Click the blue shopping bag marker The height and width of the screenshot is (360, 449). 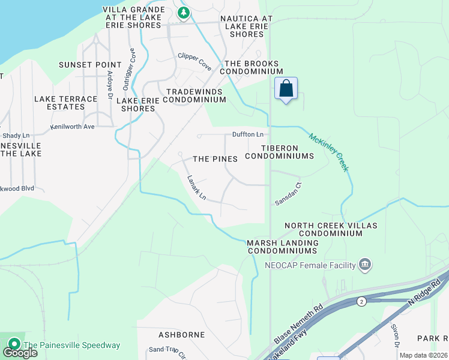coord(286,89)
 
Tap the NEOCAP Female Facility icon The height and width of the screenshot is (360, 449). coord(364,264)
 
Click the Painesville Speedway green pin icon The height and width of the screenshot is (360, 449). coord(13,345)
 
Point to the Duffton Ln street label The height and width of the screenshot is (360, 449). coord(249,135)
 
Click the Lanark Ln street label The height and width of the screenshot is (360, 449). coord(196,188)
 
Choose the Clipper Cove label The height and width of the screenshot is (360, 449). coord(194,62)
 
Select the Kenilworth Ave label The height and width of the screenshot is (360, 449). coord(73,127)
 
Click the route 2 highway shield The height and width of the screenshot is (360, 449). coord(361,301)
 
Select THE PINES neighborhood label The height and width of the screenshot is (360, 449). coord(215,159)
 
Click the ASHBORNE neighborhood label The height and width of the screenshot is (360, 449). coord(178,334)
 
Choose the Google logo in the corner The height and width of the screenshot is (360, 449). coord(20,353)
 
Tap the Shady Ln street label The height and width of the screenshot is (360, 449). coord(16,136)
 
